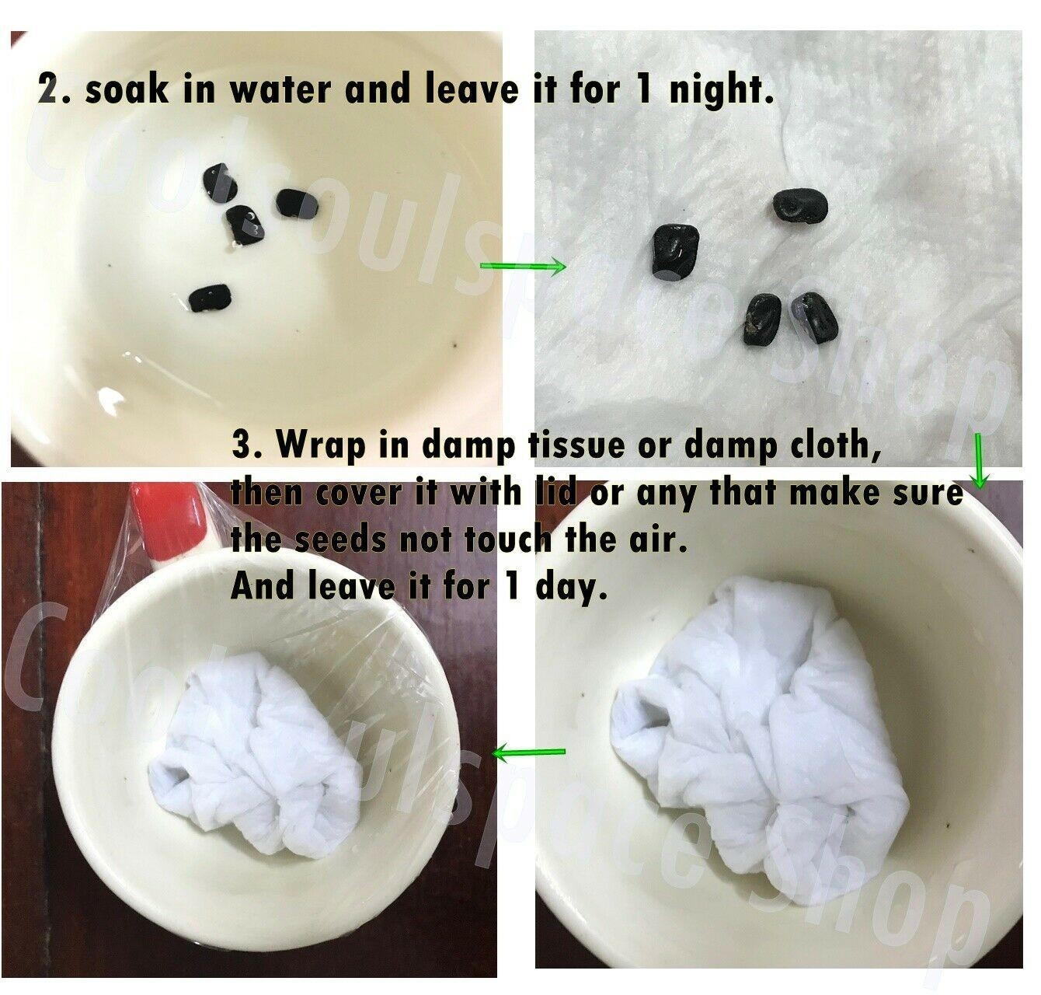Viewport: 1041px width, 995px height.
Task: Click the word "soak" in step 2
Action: [126, 89]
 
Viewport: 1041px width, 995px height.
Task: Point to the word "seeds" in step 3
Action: [340, 539]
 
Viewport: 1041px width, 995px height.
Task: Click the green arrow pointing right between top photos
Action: [523, 266]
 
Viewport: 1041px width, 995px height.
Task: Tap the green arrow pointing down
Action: [978, 461]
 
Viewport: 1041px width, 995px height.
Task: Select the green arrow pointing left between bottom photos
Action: [528, 753]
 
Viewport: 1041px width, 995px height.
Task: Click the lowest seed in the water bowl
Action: [211, 298]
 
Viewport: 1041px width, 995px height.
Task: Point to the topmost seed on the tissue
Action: [800, 205]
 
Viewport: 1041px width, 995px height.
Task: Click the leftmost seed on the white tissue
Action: [674, 248]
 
